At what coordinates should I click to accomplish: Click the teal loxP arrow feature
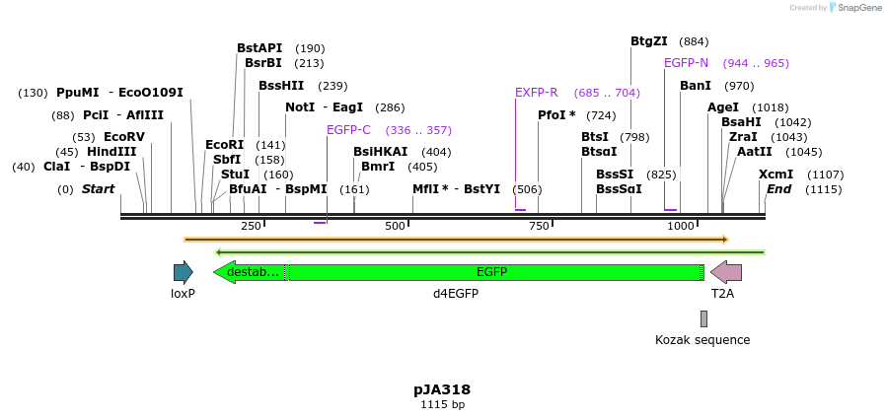click(x=183, y=272)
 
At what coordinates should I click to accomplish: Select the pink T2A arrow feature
click(x=726, y=272)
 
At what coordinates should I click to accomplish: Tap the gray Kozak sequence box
click(x=703, y=318)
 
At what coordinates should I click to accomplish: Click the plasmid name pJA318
click(x=442, y=389)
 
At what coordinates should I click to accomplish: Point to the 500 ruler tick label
click(x=396, y=226)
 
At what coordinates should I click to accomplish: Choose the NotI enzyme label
click(x=299, y=106)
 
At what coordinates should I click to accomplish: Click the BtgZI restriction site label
click(x=649, y=41)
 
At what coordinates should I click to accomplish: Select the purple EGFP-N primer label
click(x=686, y=63)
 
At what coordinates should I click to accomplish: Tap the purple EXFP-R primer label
click(x=536, y=93)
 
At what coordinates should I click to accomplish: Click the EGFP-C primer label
click(x=348, y=129)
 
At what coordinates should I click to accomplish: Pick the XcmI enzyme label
click(x=775, y=174)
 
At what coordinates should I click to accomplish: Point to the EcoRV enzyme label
click(x=123, y=137)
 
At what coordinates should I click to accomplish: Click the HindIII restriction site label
click(x=111, y=152)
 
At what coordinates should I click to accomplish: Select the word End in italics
click(x=778, y=188)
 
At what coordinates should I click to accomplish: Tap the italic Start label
click(x=98, y=188)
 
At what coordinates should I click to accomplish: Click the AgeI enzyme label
click(x=723, y=107)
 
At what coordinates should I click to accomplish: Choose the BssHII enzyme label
click(x=281, y=86)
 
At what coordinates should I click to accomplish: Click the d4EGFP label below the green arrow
click(x=456, y=293)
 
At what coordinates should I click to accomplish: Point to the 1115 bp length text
click(x=442, y=404)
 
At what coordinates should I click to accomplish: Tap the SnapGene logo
click(x=855, y=8)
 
